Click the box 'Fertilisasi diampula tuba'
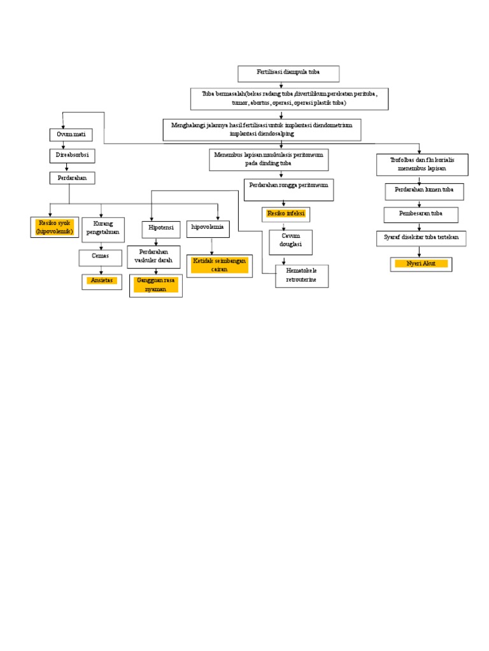coord(288,74)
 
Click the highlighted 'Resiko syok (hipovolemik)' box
coord(55,227)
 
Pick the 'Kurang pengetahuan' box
coord(103,228)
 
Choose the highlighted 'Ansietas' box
coord(102,280)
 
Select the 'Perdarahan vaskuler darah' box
coord(154,256)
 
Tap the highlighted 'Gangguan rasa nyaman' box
coord(156,285)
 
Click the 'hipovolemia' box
coord(208,227)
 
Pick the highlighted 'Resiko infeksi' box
coord(286,214)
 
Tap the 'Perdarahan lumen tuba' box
coord(424,191)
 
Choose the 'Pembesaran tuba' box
coord(422,214)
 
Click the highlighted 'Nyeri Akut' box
coord(422,264)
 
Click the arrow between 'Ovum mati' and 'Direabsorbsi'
coord(64,145)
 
